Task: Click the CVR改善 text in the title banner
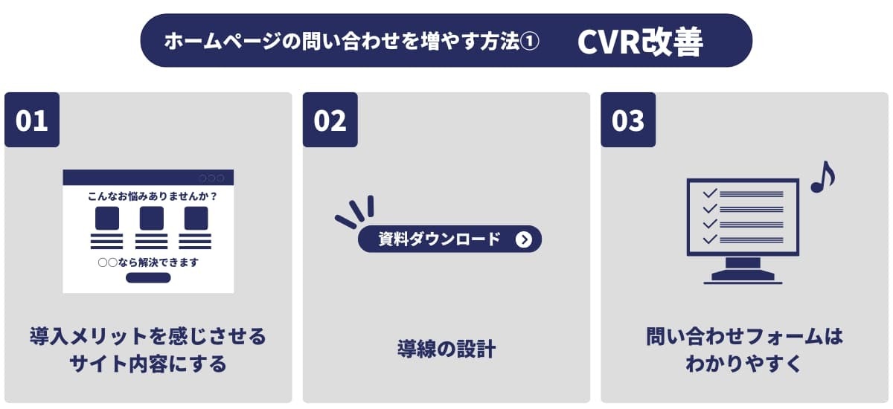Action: click(x=640, y=42)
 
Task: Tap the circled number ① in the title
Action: click(x=530, y=41)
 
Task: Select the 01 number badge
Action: click(x=32, y=120)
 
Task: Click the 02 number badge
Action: click(x=330, y=120)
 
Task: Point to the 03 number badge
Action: click(x=628, y=120)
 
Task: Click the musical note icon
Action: click(x=823, y=177)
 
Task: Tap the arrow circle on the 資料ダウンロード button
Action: click(x=524, y=239)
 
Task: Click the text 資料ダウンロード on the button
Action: click(x=439, y=239)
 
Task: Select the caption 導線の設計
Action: click(x=446, y=350)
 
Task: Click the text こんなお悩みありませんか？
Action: click(x=153, y=196)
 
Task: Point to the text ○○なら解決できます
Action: click(x=148, y=263)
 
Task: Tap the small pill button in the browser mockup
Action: click(x=148, y=277)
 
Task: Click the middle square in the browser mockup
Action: click(x=152, y=218)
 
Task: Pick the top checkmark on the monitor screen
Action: click(x=710, y=193)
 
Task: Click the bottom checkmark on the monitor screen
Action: click(x=710, y=239)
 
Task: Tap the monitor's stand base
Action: click(x=743, y=276)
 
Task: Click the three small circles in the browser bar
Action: click(x=211, y=178)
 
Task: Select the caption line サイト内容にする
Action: click(x=148, y=364)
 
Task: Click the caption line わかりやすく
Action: click(x=744, y=364)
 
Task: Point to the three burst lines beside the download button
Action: click(x=355, y=211)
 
